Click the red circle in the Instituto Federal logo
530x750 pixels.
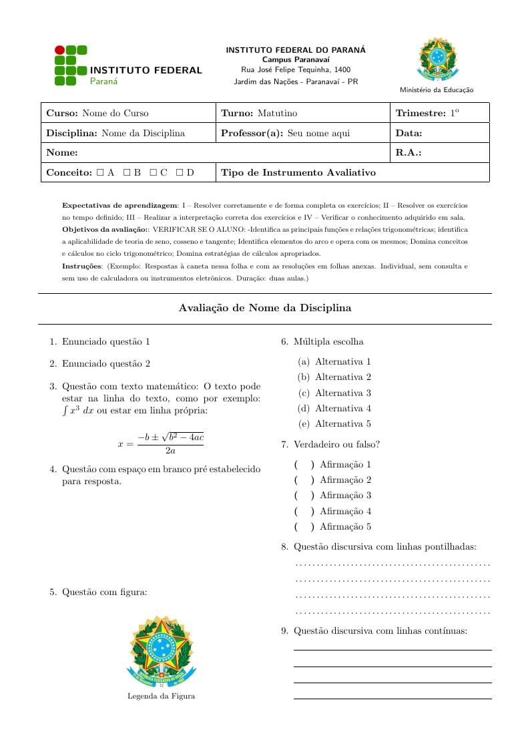59,49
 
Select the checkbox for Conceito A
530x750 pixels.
99,172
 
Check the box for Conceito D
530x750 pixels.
179,172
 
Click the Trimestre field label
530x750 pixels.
420,114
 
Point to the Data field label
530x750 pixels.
409,133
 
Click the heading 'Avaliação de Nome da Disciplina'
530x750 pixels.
265,308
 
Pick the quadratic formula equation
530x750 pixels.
160,443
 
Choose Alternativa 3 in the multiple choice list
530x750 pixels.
342,393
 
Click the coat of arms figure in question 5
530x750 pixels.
161,652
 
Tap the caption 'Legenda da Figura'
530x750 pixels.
161,696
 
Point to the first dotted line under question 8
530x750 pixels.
392,565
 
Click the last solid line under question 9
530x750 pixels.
392,699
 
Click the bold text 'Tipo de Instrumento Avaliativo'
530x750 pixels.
298,172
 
